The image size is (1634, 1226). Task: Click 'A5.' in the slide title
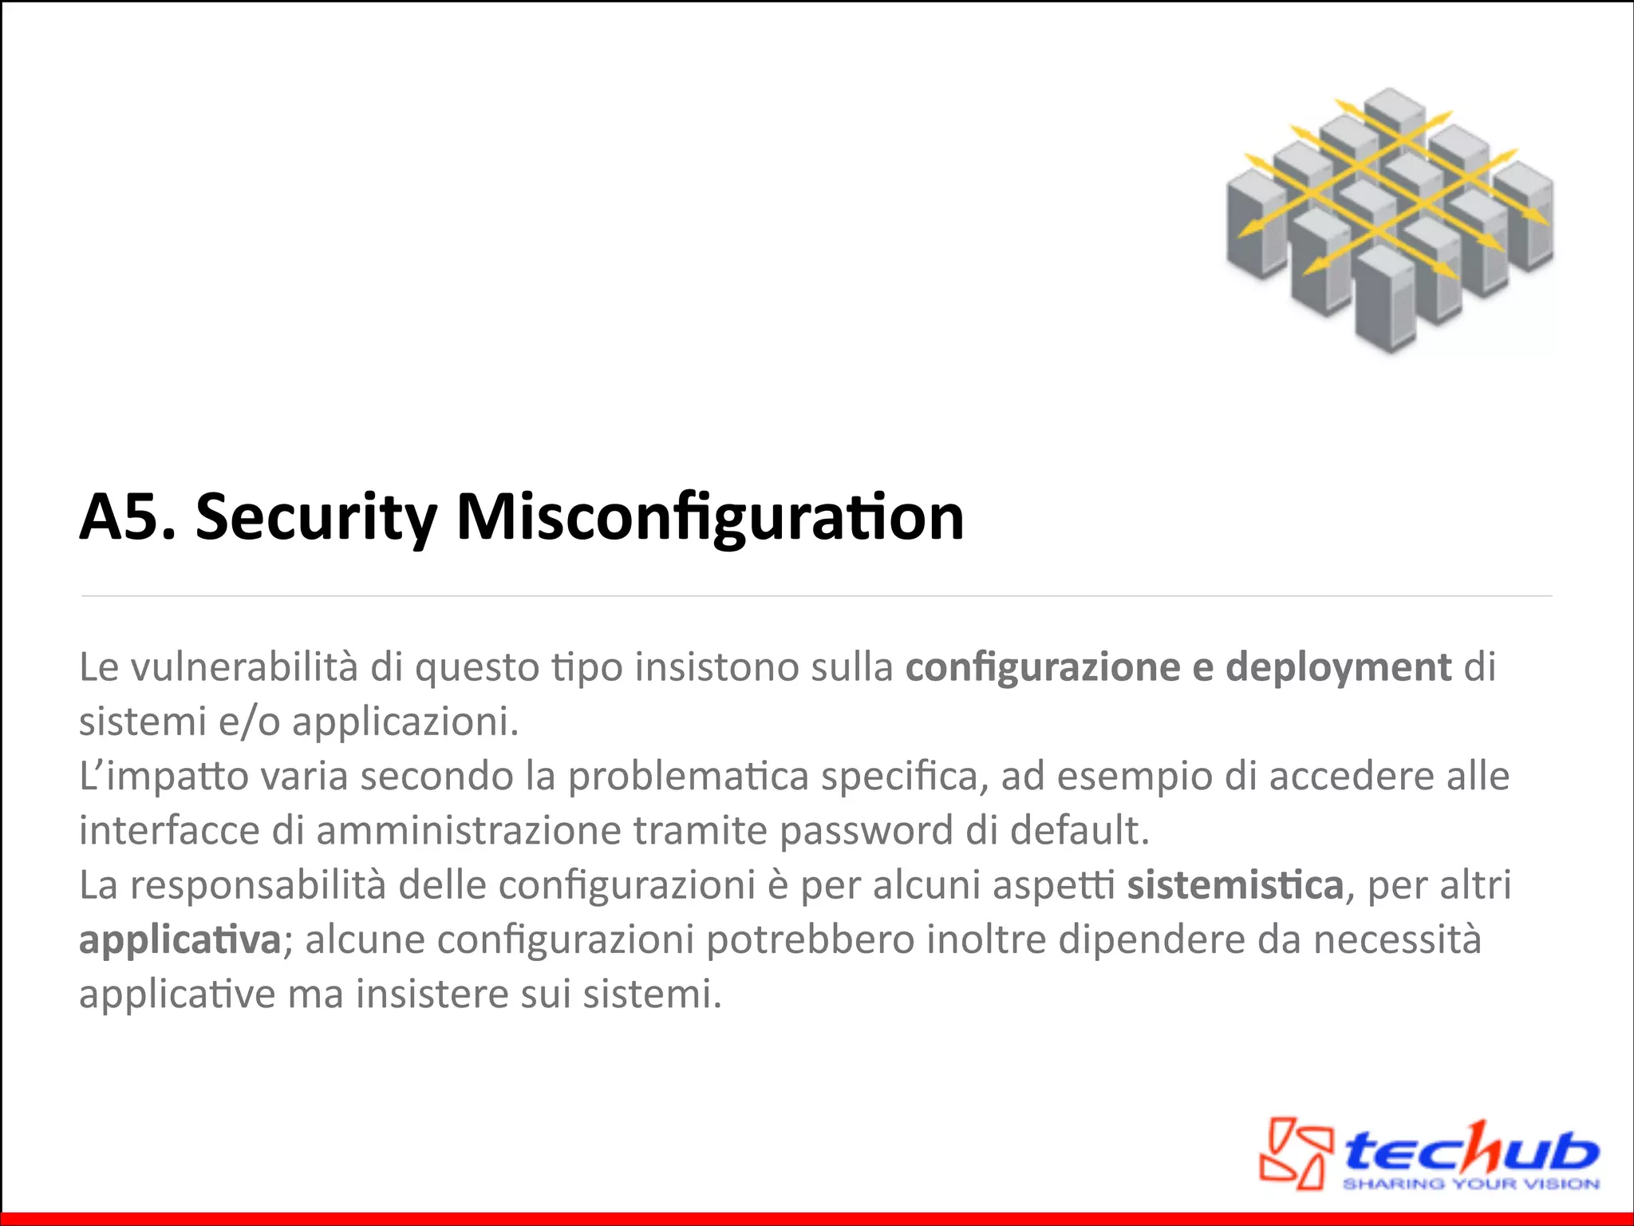pos(126,517)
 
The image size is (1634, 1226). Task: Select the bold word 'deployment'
pos(1338,667)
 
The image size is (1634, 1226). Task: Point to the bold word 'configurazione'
pos(1042,667)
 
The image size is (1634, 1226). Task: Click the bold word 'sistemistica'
pos(1235,885)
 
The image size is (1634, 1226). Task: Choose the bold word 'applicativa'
pos(180,940)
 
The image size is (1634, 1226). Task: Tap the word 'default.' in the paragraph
pos(1080,831)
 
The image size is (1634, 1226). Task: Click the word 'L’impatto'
pos(164,777)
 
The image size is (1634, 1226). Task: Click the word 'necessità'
pos(1397,939)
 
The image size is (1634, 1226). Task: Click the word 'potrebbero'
pos(810,939)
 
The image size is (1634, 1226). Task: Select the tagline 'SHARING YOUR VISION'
pos(1470,1184)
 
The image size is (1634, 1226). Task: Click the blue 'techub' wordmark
pos(1472,1149)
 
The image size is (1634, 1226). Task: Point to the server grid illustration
pos(1389,220)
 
